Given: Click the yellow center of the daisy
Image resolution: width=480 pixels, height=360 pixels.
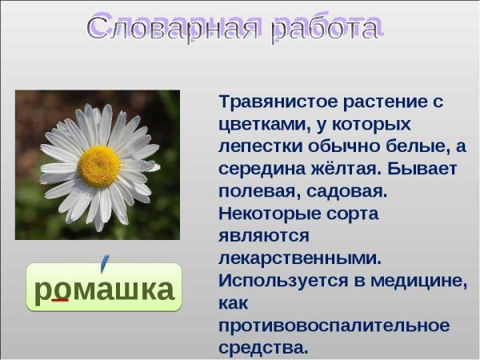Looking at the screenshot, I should click(x=99, y=166).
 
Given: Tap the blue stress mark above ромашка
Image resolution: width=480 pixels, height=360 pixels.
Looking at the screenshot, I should click(x=104, y=261).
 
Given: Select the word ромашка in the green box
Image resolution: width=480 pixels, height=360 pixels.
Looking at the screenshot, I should click(x=104, y=289).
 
